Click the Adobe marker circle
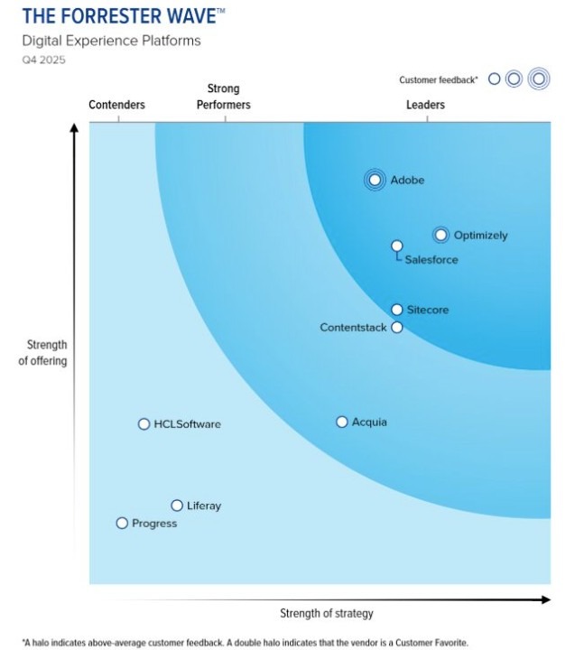click(x=375, y=180)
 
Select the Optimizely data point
click(x=440, y=235)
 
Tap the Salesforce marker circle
click(x=396, y=246)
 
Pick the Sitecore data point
click(x=397, y=310)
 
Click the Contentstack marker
click(x=396, y=327)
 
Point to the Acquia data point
click(x=342, y=422)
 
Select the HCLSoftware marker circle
click(x=144, y=424)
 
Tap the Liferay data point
click(x=177, y=506)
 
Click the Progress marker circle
click(x=122, y=523)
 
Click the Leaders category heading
click(x=425, y=105)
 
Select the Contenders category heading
click(x=116, y=105)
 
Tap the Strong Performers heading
click(x=224, y=97)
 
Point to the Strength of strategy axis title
click(x=326, y=614)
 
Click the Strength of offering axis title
click(x=47, y=353)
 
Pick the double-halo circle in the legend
click(x=539, y=79)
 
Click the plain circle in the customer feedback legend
click(x=494, y=79)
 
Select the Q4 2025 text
click(x=43, y=60)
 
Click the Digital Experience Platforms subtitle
click(x=111, y=41)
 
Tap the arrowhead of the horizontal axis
click(x=545, y=599)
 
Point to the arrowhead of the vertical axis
click(x=74, y=128)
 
